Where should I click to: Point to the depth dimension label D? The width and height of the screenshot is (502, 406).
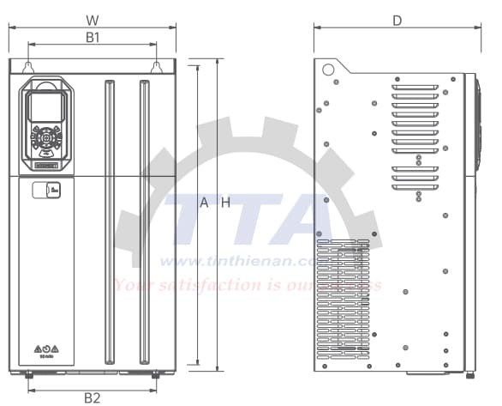coord(397,20)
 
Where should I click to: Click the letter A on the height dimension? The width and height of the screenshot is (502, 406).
coord(204,203)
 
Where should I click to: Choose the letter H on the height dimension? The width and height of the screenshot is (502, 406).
coord(225,203)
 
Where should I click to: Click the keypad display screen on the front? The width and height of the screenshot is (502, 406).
coord(44,107)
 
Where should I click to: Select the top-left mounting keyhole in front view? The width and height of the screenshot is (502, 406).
coord(28,66)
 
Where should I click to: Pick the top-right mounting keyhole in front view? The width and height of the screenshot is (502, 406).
coord(157,66)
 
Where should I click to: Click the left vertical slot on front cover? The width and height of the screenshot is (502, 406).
coord(109,221)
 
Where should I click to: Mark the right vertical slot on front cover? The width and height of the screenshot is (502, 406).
coord(143,221)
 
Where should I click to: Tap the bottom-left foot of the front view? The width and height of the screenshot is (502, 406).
coord(28,374)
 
